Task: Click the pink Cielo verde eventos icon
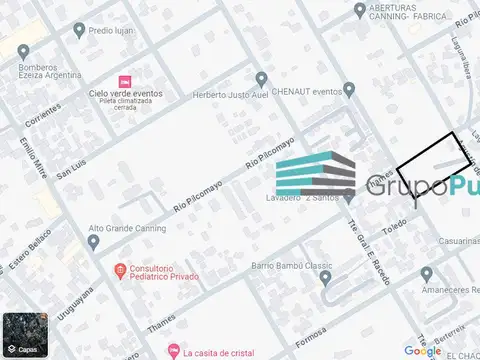click(124, 80)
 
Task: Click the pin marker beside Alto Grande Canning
click(93, 229)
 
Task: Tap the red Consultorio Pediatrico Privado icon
click(120, 270)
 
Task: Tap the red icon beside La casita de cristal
click(173, 351)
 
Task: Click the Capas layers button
click(25, 335)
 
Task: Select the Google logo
click(423, 350)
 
